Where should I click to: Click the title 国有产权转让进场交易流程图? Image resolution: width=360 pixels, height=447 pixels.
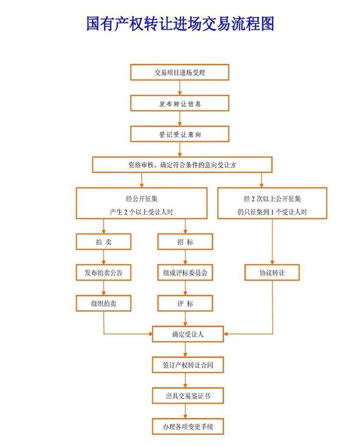coord(180,23)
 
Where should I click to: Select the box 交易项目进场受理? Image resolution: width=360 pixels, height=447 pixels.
coord(180,72)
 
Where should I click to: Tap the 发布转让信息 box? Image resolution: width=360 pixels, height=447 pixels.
coord(180,103)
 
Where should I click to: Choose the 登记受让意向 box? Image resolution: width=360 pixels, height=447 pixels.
coord(180,134)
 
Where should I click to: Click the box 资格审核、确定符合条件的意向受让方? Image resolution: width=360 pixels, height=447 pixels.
coord(182,165)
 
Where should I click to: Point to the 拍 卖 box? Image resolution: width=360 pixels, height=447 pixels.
coord(103,242)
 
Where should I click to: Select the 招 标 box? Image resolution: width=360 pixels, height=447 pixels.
coord(185,242)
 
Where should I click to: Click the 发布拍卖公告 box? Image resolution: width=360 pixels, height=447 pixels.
coord(103,272)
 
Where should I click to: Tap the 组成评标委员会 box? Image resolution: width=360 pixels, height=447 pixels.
coord(185,272)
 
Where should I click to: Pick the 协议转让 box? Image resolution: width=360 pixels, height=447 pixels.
coord(272,272)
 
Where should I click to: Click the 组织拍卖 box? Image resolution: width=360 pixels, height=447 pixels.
coord(103,303)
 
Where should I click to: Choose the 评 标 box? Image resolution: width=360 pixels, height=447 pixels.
coord(185,303)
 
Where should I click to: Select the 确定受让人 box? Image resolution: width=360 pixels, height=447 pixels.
coord(188,334)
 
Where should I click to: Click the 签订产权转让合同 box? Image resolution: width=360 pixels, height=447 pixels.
coord(188,365)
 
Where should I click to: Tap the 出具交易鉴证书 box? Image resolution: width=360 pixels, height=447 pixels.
coord(188,396)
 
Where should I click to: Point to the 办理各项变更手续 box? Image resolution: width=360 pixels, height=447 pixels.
coord(188,426)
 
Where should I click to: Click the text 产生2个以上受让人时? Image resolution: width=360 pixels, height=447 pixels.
coord(142,212)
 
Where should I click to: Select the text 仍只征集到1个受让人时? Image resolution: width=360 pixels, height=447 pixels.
coord(272,212)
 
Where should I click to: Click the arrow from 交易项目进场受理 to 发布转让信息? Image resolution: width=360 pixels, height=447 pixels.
coord(180,88)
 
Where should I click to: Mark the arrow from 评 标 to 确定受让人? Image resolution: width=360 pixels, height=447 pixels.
coord(185,319)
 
